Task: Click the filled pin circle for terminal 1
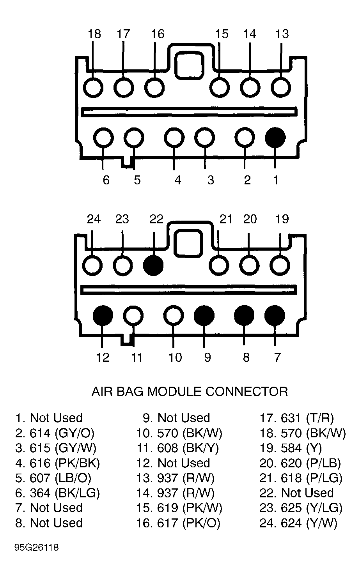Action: click(275, 138)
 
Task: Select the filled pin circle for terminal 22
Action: click(153, 265)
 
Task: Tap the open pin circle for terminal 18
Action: click(93, 88)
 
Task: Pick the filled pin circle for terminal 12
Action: click(103, 315)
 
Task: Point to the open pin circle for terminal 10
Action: click(174, 315)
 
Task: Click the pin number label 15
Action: click(222, 34)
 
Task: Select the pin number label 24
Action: click(94, 219)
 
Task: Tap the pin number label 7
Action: click(278, 357)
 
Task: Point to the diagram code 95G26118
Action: click(37, 548)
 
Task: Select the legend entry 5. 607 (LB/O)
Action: click(53, 478)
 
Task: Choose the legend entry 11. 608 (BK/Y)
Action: click(177, 448)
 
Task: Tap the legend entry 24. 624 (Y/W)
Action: click(299, 523)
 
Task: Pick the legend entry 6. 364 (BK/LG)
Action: click(58, 493)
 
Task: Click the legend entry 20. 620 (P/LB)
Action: click(300, 463)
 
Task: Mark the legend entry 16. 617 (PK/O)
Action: click(178, 523)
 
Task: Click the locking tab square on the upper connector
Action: click(188, 65)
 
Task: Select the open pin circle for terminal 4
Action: click(174, 138)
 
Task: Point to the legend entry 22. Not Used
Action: click(296, 493)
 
